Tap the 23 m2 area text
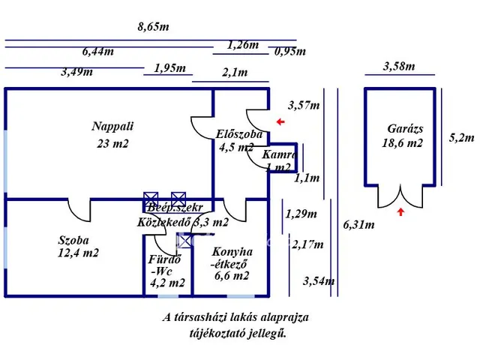pos(112,144)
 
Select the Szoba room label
pos(73,241)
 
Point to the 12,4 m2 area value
pos(79,253)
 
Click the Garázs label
pos(400,128)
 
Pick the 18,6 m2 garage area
pos(401,142)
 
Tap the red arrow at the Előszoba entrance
pos(280,121)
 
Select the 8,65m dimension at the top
pos(153,27)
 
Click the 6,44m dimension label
pos(98,52)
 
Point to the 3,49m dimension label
pos(77,72)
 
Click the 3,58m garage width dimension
pos(398,66)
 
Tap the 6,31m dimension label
pos(358,224)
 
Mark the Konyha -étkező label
pos(232,258)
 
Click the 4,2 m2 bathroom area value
pos(167,283)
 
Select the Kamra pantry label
pos(280,154)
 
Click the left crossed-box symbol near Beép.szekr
pos(151,198)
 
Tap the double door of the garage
pos(400,196)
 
